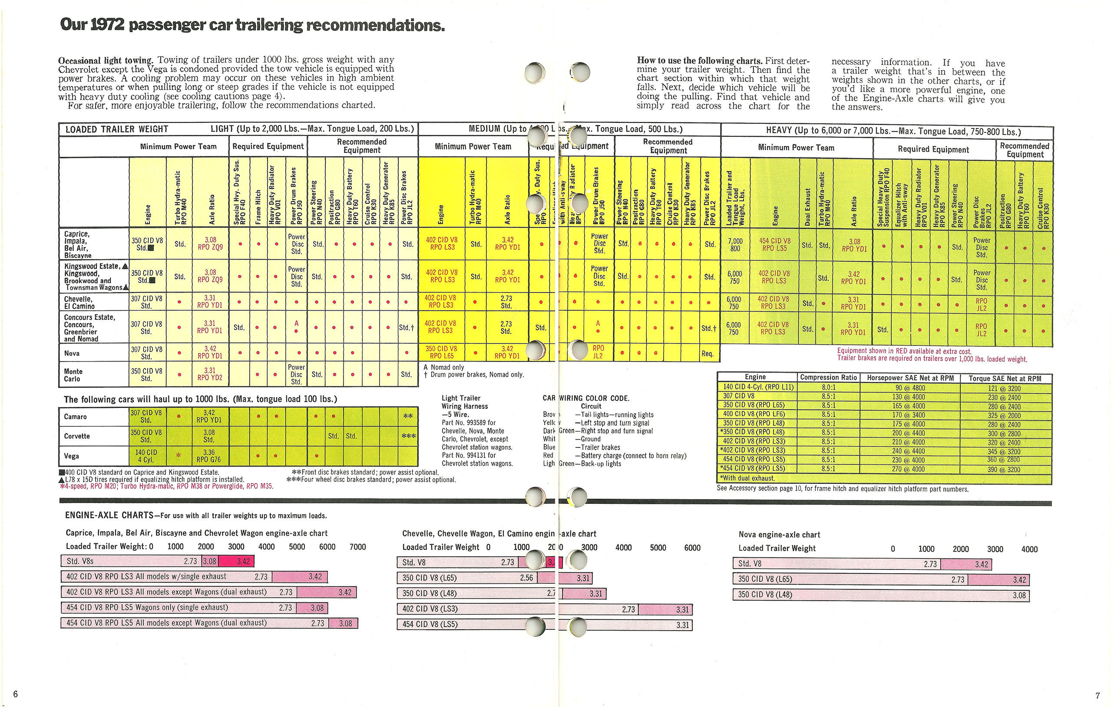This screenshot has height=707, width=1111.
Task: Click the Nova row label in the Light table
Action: [72, 353]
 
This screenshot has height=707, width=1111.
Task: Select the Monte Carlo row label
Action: [73, 375]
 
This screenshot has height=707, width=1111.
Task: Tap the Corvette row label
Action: [76, 436]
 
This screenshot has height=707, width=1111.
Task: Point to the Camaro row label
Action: [75, 417]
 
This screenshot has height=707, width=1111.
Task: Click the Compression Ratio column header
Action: [828, 377]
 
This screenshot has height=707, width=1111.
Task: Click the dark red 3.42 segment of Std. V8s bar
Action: [237, 561]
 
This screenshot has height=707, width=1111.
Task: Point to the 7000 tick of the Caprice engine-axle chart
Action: [357, 546]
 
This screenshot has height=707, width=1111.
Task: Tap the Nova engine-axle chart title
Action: [779, 535]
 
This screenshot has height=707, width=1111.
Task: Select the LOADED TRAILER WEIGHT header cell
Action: [117, 129]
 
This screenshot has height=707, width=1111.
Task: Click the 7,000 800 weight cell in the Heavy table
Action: [735, 244]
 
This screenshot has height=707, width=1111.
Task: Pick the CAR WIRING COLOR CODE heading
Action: [586, 398]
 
